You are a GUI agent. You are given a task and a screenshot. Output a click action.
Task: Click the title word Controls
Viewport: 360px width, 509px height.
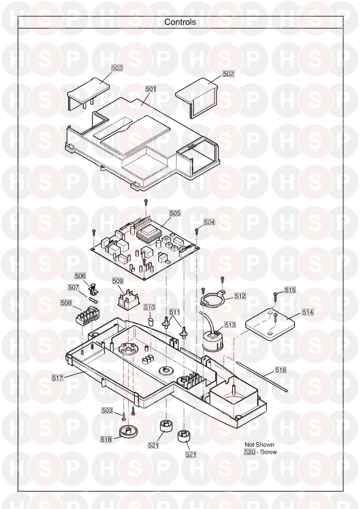(180, 22)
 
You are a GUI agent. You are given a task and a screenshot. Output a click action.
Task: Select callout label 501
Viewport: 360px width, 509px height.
(151, 89)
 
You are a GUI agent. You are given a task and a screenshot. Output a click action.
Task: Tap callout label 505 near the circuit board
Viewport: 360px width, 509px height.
(175, 213)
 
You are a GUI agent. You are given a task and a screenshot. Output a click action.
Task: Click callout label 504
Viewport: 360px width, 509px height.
(209, 222)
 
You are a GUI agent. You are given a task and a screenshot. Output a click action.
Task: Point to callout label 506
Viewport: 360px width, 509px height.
(80, 276)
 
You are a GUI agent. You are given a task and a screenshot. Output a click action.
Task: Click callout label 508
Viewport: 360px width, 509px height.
(66, 303)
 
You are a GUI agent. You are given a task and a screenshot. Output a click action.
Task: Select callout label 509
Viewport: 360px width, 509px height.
(118, 281)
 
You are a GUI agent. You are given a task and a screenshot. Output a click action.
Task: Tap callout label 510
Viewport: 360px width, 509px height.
(150, 307)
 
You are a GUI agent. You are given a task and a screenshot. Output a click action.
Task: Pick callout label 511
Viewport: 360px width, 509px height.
(174, 312)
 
